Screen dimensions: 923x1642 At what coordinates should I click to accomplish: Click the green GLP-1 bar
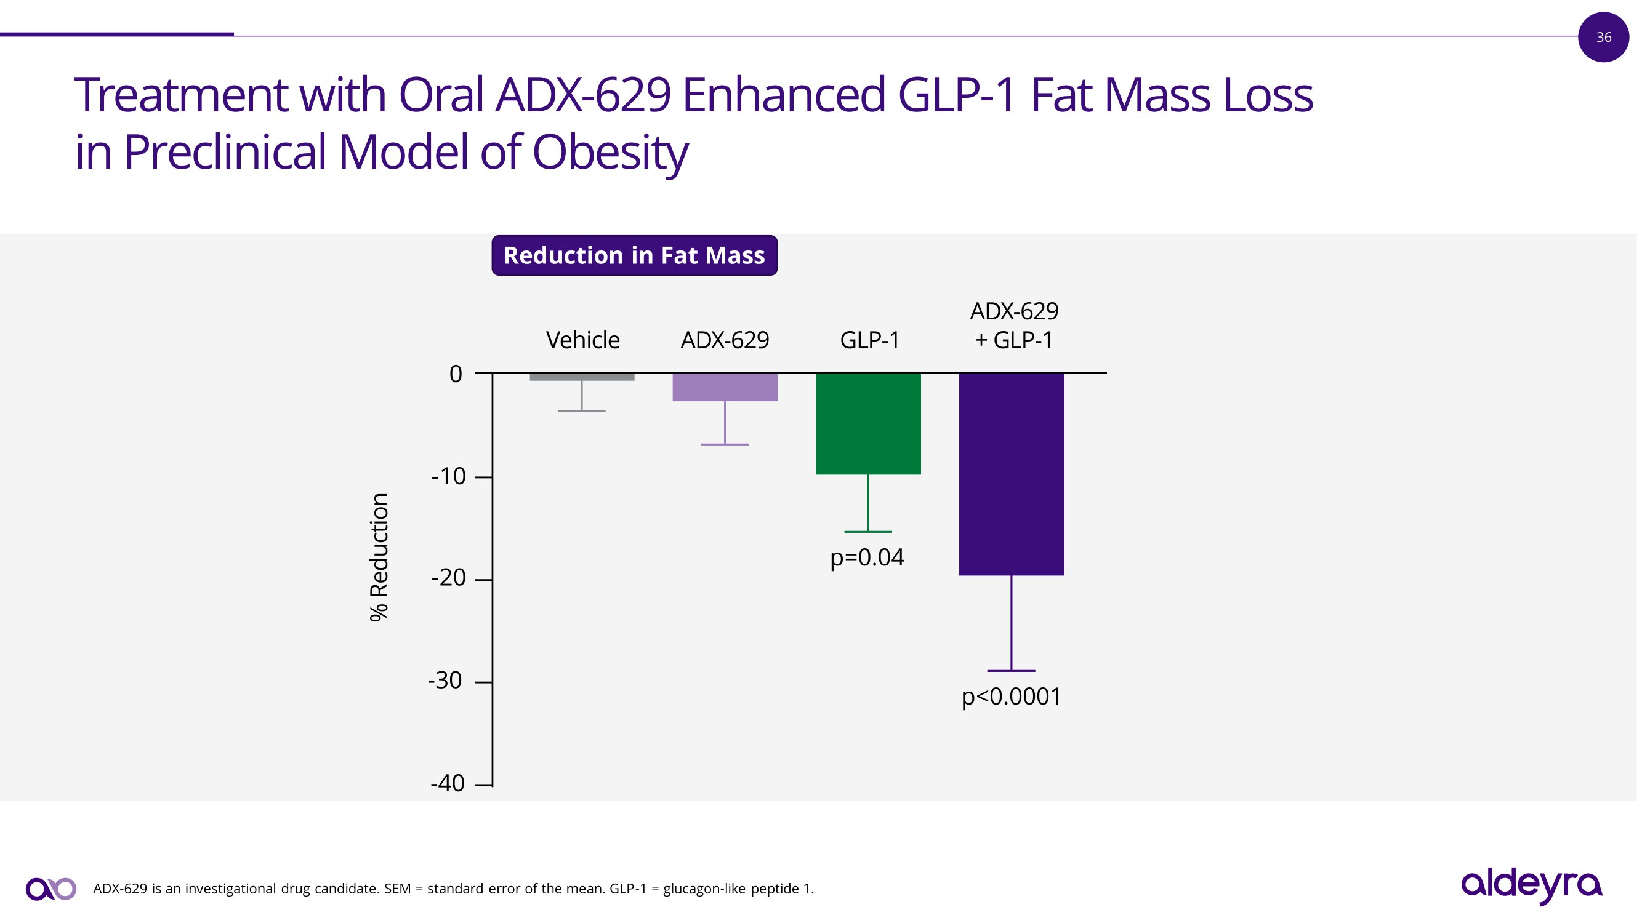coord(868,423)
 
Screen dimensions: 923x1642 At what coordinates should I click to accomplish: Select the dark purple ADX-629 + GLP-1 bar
coord(1011,474)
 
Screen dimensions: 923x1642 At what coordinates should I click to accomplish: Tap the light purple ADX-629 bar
coord(725,387)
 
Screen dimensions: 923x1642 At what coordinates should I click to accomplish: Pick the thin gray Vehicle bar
coord(581,377)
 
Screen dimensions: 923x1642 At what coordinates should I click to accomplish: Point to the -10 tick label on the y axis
coord(449,476)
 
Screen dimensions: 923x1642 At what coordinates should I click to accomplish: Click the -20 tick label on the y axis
coord(449,578)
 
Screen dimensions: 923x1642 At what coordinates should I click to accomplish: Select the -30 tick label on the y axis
coord(445,681)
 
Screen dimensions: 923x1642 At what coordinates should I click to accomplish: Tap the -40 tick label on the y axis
coord(448,783)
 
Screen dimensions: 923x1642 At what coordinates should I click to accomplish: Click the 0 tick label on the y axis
coord(456,374)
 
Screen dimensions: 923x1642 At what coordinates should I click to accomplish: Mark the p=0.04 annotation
coord(867,558)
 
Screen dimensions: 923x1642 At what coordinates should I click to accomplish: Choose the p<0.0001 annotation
coord(1011,697)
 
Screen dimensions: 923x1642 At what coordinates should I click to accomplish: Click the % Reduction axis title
coord(379,557)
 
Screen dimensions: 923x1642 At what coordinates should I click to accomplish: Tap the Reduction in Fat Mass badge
coord(634,255)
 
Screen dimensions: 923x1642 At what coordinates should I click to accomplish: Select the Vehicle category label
coord(582,340)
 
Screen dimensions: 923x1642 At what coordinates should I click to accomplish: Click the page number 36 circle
coord(1603,37)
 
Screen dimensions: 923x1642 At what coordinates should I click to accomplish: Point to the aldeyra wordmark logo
coord(1531,885)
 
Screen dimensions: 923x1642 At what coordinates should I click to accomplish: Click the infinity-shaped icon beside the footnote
coord(51,889)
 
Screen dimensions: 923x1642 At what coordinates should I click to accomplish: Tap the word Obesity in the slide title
coord(610,153)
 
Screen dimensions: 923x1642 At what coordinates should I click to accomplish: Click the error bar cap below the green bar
coord(868,532)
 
